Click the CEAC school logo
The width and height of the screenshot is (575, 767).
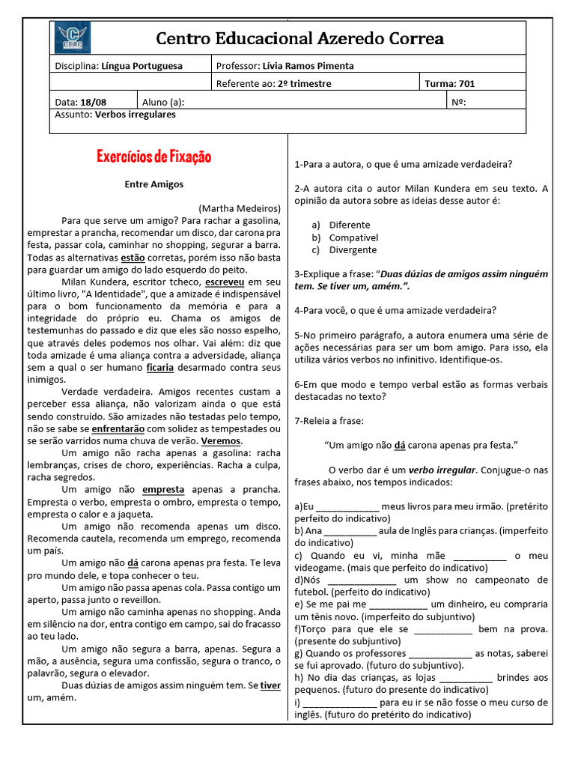point(74,37)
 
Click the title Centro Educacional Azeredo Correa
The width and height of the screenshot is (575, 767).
point(299,38)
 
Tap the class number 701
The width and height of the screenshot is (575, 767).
point(466,84)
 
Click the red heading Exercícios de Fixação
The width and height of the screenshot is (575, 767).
point(154,157)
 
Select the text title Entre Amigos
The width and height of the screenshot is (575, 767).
point(153,184)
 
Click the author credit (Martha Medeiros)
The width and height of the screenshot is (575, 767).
point(240,208)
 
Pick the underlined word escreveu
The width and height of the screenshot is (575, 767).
point(224,282)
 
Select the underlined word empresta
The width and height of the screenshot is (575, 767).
point(163,489)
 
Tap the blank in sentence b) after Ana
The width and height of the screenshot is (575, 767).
point(350,531)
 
